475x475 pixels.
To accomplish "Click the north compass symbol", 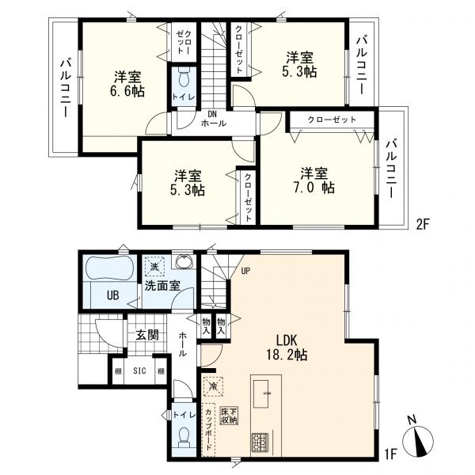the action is pos(418,439).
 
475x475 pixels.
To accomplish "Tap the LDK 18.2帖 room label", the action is pos(287,348).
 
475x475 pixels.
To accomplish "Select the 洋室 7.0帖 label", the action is pos(314,180).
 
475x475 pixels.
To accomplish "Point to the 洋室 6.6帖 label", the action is pos(127,84).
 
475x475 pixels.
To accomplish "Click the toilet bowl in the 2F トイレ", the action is pos(184,78).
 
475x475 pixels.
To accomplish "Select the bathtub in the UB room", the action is pos(109,268).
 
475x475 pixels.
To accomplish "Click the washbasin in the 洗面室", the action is pos(184,261).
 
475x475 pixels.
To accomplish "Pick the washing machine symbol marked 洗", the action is pos(154,266).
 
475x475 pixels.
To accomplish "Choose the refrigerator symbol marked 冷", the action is pos(214,386).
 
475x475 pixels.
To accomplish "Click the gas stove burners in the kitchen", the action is pos(260,442).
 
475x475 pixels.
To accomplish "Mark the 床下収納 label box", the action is pos(229,416).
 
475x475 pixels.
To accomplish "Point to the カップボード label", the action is pos(208,429).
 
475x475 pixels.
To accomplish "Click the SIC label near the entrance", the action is pos(139,370).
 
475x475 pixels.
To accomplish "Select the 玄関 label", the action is pos(147,335).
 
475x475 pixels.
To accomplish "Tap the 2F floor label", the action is pos(423,225).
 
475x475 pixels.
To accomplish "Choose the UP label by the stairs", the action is pos(245,271).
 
